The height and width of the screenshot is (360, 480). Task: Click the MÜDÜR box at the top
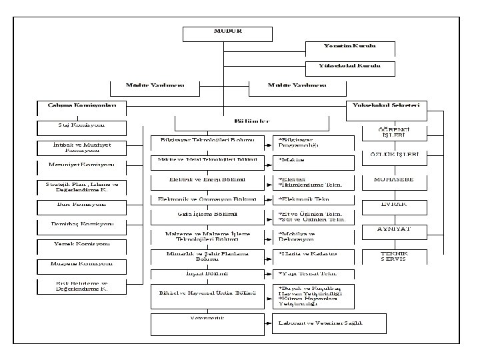tap(227, 34)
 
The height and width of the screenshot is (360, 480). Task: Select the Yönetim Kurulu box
tap(349, 48)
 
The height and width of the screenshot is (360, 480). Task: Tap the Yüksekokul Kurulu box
tap(349, 68)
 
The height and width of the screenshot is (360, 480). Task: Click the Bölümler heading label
tap(252, 122)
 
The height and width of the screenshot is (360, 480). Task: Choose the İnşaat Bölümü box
tap(209, 274)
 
